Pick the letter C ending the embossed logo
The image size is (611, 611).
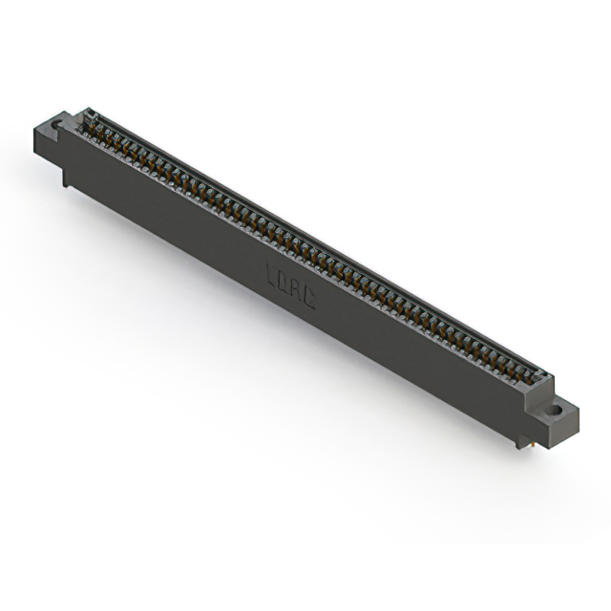coord(307,299)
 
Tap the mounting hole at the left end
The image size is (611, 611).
coord(56,124)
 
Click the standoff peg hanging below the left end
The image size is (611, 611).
coord(65,176)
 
